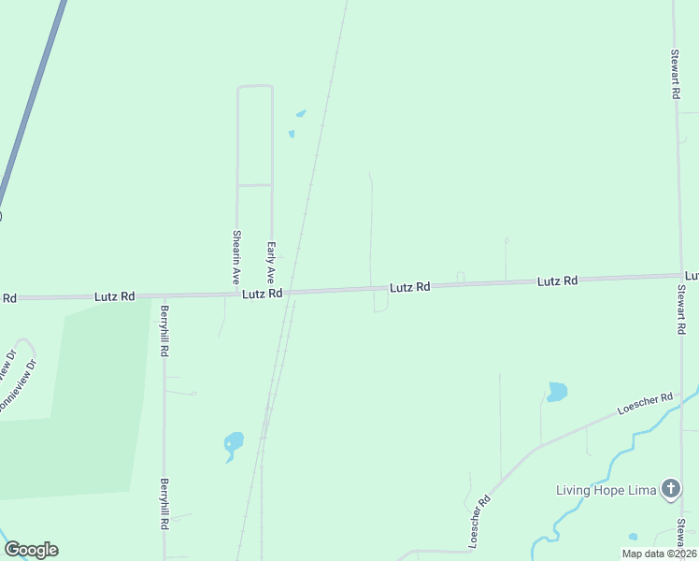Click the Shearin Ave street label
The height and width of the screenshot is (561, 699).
[237, 257]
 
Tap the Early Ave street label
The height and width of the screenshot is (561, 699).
[271, 263]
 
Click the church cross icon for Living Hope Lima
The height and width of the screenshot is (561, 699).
[670, 489]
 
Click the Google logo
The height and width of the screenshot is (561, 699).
[31, 550]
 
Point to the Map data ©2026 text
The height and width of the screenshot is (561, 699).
[658, 554]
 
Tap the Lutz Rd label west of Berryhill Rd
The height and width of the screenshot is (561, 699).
[115, 296]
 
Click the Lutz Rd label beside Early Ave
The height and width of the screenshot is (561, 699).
[262, 294]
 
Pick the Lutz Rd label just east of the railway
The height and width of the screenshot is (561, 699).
[409, 288]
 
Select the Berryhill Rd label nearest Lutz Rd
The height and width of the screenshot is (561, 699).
[164, 332]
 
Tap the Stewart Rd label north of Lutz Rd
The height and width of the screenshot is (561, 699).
[674, 75]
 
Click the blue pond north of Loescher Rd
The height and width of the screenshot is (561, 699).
[557, 391]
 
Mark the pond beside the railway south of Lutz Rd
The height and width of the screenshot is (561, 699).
[233, 442]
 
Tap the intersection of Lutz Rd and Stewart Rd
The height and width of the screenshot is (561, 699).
[679, 276]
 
